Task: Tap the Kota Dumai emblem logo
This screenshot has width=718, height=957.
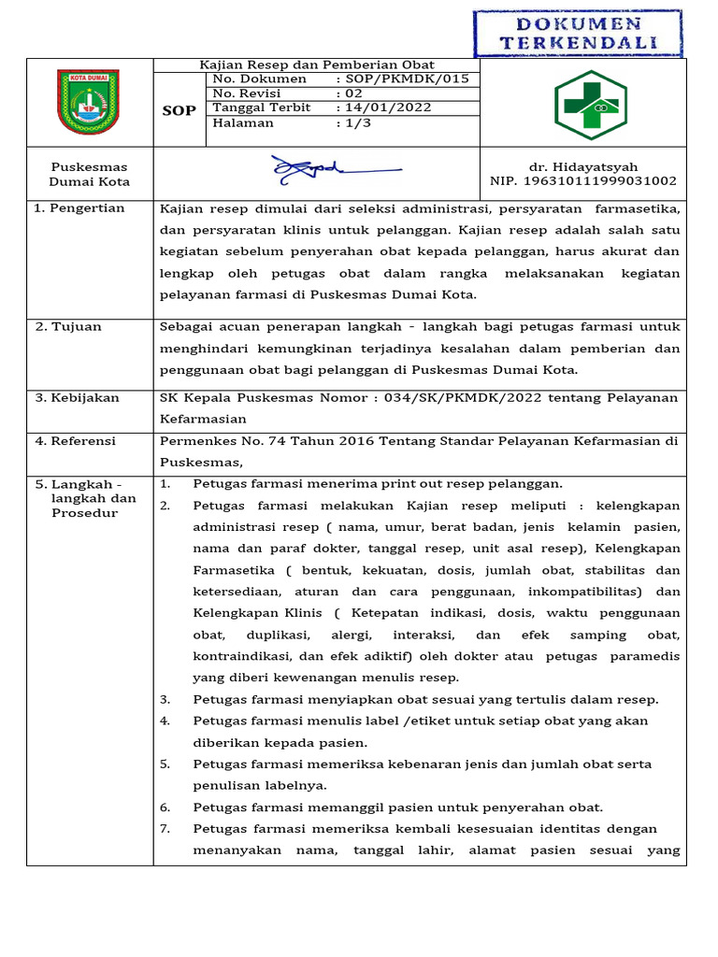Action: coord(89,102)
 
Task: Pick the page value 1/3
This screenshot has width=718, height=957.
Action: coord(356,122)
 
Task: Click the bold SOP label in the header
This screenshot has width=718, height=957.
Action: coord(179,110)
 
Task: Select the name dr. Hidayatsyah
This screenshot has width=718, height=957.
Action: coord(583,166)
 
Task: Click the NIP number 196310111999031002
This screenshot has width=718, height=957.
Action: coord(583,181)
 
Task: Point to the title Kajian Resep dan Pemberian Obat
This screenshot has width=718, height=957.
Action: coord(317,64)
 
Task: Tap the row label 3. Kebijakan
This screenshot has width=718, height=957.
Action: coord(78,397)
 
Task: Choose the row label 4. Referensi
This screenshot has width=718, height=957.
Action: coord(76,440)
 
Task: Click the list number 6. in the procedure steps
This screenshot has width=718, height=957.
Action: coord(165,807)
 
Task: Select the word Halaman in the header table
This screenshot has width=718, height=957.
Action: coord(243,122)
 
